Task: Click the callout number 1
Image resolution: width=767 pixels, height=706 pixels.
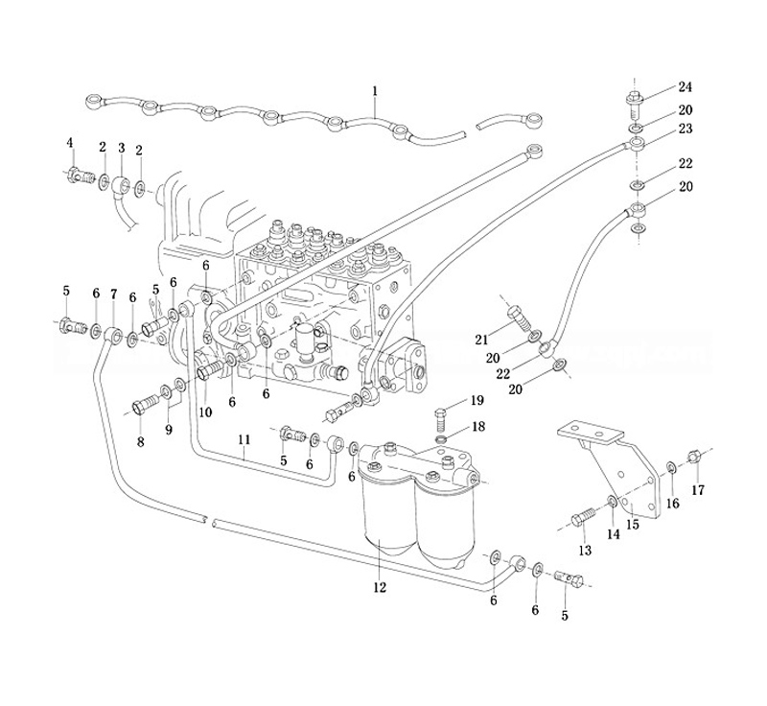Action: pos(375,91)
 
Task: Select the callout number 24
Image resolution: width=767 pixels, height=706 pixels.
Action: pos(686,87)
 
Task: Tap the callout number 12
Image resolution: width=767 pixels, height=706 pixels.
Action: pos(380,587)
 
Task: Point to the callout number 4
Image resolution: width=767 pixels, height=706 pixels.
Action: pos(69,143)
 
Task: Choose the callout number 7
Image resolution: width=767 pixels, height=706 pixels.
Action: pos(113,293)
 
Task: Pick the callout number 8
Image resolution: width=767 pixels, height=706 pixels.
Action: pos(141,442)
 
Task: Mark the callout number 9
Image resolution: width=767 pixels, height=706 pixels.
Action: pos(169,430)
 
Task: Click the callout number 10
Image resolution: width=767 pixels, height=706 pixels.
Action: pos(205,412)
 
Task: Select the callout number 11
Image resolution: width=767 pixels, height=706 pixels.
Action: pos(244,439)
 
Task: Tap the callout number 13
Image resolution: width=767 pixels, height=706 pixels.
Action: pos(585,550)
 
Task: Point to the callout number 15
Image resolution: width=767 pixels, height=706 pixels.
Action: pos(632,524)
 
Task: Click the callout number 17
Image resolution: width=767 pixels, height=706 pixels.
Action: pos(698,489)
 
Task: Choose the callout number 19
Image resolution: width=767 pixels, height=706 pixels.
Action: pos(476,400)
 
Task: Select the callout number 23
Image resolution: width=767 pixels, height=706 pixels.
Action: pos(686,128)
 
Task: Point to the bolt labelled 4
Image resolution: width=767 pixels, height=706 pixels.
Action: pos(78,176)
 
